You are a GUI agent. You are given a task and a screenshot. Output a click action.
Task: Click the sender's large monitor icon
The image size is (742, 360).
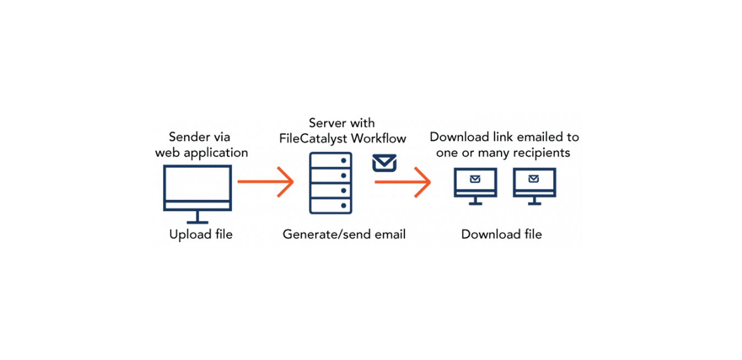coord(198,166)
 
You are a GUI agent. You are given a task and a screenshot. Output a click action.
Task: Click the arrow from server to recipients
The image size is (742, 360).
coord(402,182)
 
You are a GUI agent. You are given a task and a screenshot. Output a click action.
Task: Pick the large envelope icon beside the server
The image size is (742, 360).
coord(384,162)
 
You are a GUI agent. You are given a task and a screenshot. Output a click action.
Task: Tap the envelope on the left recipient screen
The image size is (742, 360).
coord(475,179)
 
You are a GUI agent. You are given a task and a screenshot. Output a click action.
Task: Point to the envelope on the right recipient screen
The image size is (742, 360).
coord(533,179)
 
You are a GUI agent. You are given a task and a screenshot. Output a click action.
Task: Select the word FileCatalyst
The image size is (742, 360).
coord(313,139)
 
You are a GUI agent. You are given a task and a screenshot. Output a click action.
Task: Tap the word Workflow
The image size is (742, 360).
coord(379,138)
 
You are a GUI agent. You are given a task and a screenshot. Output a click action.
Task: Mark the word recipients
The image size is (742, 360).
coord(542,153)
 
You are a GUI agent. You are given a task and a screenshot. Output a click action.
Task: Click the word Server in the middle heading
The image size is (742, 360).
coord(328,123)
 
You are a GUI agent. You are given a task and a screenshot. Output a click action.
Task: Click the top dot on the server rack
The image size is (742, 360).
coord(343,161)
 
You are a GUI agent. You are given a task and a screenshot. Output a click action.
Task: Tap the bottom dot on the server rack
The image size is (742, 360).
coord(343,206)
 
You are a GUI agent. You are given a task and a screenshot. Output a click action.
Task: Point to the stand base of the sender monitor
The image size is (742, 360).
coord(198,222)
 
